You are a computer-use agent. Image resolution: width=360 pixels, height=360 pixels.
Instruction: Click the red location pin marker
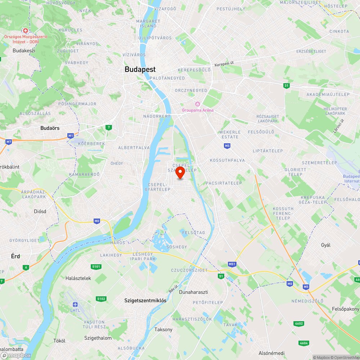(x=180, y=172)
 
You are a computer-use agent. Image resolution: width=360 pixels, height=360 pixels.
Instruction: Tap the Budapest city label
(x=140, y=69)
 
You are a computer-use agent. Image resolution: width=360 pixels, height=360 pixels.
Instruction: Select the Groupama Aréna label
(x=198, y=110)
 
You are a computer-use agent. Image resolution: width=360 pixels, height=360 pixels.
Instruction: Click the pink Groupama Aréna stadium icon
(x=198, y=104)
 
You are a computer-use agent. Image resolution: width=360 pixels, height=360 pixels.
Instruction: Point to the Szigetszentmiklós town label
(x=145, y=300)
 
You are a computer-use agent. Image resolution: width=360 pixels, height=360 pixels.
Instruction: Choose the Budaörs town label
(x=50, y=128)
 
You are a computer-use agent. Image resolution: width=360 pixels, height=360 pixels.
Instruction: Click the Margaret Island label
(x=146, y=24)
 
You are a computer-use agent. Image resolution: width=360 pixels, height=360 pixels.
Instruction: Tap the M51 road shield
(x=232, y=264)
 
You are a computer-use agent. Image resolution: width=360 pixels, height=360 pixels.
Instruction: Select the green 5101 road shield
(x=96, y=266)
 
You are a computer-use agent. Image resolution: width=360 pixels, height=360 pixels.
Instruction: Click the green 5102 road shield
(x=101, y=299)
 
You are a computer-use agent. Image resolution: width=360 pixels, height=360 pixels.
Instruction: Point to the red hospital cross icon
(x=26, y=31)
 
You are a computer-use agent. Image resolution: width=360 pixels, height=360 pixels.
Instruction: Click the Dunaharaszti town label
(x=194, y=292)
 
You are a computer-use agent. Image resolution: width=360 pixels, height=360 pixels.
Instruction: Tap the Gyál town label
(x=326, y=245)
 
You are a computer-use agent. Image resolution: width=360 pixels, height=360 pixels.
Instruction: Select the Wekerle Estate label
(x=230, y=134)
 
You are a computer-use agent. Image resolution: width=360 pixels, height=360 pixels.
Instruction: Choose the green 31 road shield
(x=286, y=85)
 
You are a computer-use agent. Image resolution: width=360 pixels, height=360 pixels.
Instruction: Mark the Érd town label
(x=15, y=256)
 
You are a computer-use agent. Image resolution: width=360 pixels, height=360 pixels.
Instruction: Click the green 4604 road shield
(x=303, y=343)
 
